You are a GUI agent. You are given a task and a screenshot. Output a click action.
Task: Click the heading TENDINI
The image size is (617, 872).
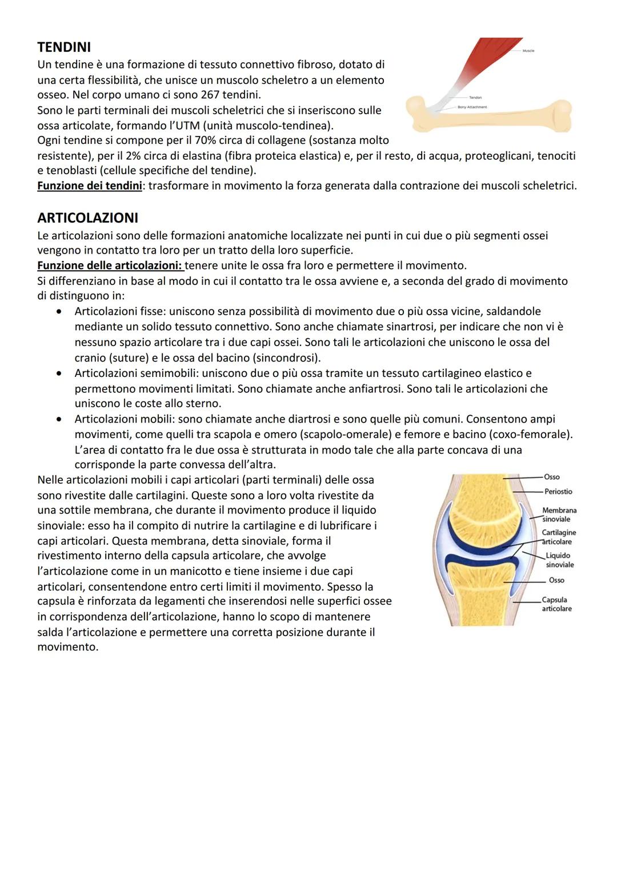(x=64, y=47)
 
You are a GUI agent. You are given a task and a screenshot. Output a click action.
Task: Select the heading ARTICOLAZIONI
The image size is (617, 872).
(x=87, y=218)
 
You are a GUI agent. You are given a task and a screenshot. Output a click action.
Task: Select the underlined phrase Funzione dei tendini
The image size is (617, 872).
(x=89, y=186)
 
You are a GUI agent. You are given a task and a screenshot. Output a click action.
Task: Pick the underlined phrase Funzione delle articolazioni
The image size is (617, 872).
(x=110, y=266)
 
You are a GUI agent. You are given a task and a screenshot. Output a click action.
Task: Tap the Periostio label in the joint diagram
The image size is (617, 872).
(x=558, y=492)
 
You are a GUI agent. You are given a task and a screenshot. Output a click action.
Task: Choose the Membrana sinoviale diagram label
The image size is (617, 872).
(x=559, y=515)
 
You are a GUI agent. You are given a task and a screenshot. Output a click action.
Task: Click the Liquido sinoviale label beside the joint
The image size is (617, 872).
(x=559, y=560)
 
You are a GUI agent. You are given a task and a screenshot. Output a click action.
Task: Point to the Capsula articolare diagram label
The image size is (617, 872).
(x=556, y=604)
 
